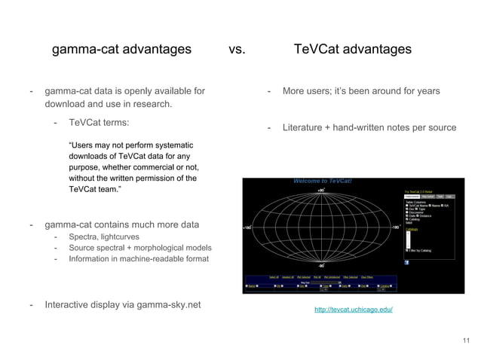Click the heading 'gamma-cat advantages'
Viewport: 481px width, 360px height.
(121, 50)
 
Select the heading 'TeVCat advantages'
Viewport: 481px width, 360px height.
(352, 50)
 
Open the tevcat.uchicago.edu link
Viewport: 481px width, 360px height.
(353, 310)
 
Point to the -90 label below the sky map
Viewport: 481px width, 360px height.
(320, 265)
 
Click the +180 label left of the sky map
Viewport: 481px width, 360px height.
(247, 227)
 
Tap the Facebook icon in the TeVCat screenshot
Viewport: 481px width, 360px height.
(407, 262)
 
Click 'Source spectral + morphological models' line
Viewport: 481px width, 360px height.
(140, 248)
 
